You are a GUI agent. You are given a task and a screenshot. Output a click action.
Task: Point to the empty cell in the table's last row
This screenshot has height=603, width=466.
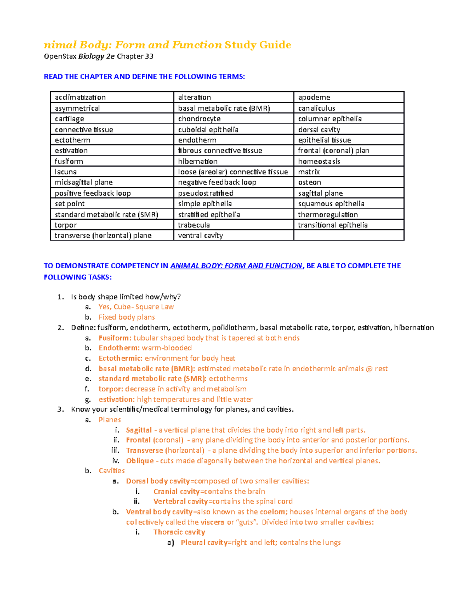click(348, 235)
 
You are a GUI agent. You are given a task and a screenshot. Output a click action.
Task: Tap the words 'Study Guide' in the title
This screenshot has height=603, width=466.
click(258, 45)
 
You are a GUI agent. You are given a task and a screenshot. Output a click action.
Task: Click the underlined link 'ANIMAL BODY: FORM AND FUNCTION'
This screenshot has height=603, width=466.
click(236, 266)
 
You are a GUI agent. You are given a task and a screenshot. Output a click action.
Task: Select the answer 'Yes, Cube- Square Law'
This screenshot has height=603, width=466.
click(136, 307)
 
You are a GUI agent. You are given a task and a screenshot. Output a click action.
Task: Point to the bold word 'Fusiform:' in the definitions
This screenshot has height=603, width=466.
click(115, 338)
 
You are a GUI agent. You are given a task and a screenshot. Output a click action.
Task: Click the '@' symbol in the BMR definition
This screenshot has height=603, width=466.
click(369, 368)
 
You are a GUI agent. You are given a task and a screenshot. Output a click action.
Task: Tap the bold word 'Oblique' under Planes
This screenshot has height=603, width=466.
click(140, 461)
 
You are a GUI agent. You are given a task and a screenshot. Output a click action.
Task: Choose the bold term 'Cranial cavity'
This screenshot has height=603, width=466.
click(176, 491)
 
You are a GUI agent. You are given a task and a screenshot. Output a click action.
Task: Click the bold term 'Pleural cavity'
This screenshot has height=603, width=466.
click(204, 542)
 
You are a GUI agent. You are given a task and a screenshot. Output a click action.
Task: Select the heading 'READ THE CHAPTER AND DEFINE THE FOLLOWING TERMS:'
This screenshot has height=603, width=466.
click(144, 76)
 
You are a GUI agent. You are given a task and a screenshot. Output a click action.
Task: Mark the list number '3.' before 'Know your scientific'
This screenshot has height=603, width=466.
click(60, 409)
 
